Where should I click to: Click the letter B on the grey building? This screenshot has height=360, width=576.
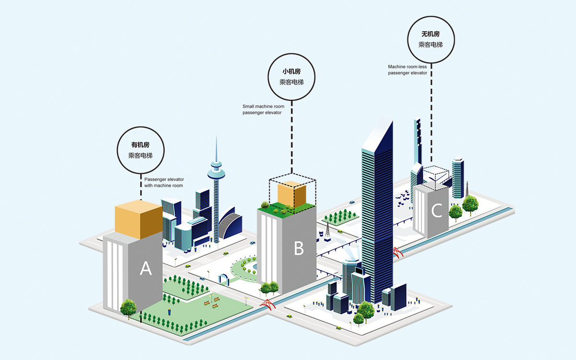299,248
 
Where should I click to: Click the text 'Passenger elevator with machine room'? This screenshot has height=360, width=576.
164,182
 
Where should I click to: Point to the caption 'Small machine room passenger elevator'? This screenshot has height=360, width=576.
263,109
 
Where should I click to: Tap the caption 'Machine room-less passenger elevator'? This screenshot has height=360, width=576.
408,70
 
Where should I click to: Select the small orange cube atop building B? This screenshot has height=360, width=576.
292,194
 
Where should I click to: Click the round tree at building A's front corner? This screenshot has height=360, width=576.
128,308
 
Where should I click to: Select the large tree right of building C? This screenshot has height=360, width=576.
470,204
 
